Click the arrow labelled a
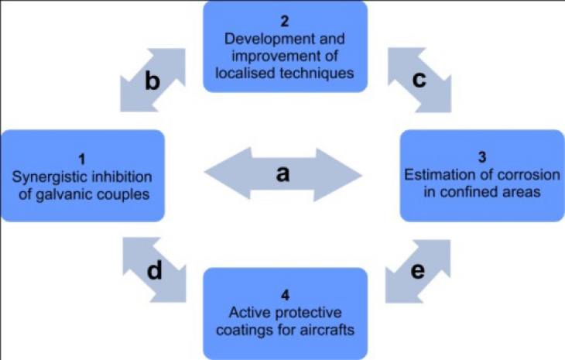pos(282,174)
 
